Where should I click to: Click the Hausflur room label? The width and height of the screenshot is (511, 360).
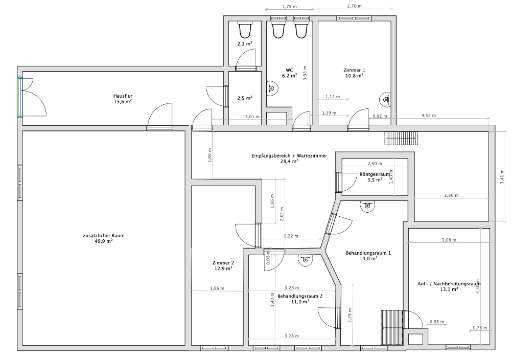(123, 96)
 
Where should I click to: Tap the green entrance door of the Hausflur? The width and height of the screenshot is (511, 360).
(19, 97)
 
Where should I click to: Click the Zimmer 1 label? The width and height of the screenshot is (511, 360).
(354, 70)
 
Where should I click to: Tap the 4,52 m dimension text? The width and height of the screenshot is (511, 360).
(429, 116)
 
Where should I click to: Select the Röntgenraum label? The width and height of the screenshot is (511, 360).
(375, 174)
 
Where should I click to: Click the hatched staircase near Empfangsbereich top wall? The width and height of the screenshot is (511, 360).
(401, 139)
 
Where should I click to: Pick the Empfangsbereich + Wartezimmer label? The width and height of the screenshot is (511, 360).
(289, 155)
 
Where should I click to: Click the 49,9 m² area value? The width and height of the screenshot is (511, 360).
(104, 241)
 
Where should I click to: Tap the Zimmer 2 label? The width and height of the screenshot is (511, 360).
(223, 263)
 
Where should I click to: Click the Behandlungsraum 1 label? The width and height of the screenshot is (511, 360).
(368, 253)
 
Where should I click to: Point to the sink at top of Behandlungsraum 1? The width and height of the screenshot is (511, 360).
(367, 206)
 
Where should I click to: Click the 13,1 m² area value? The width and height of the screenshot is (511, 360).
(449, 289)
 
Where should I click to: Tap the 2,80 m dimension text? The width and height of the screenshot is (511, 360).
(451, 195)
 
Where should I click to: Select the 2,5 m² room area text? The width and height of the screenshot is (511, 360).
(245, 98)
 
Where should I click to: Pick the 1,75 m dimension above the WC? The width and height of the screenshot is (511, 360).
(289, 7)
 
